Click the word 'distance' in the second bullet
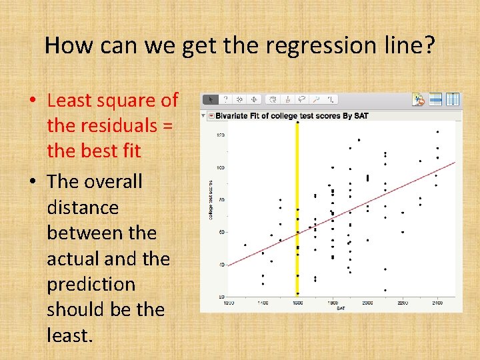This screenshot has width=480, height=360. [x=83, y=207]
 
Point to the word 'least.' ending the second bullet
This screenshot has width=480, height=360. [x=69, y=335]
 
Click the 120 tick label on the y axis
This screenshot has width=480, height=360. [x=220, y=135]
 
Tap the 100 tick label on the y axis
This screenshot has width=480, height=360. [x=220, y=167]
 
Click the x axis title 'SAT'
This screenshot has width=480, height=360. [x=341, y=308]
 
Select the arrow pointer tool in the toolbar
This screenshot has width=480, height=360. [x=211, y=99]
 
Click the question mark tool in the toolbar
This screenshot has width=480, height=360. [x=225, y=99]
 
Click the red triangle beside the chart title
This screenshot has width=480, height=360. [x=211, y=116]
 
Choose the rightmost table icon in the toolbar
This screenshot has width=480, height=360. [x=452, y=99]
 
